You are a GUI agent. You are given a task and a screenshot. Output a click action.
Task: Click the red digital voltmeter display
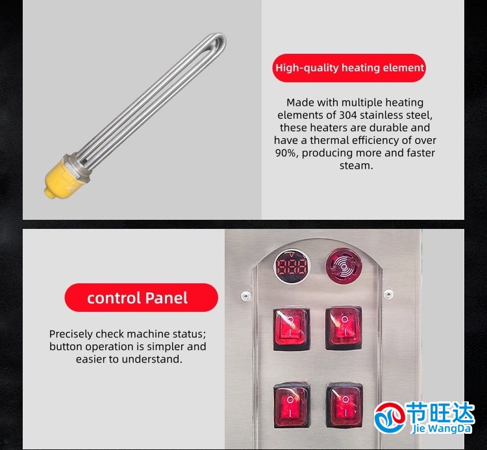click(292, 266)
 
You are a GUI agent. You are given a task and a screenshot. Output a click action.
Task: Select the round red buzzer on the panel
click(343, 265)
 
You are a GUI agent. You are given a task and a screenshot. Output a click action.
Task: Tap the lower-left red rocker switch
click(292, 405)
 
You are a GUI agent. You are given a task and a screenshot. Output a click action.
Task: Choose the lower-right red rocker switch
click(344, 405)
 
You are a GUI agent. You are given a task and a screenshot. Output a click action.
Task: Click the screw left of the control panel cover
click(246, 295)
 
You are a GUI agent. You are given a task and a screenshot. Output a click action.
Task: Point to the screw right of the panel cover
click(388, 294)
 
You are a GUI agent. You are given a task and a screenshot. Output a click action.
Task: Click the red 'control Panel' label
click(142, 298)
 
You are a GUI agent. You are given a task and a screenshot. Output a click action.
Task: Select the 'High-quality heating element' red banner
click(349, 67)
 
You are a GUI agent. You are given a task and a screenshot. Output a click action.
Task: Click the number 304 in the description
click(348, 115)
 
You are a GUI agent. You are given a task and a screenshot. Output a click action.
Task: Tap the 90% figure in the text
click(286, 153)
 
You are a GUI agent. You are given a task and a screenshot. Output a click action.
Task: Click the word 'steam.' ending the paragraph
click(356, 165)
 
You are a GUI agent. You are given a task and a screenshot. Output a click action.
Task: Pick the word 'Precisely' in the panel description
click(71, 335)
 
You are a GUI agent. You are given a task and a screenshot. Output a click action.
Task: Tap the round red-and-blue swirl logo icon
click(390, 417)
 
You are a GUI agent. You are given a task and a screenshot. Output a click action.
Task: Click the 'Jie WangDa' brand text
click(442, 429)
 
